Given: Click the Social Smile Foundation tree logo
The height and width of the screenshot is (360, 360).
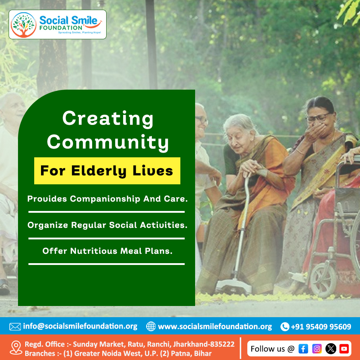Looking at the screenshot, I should click(23, 25).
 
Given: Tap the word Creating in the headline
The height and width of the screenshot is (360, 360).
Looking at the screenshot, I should click(108, 118).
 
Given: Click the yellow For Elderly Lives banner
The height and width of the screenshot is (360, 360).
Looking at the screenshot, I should click(107, 171).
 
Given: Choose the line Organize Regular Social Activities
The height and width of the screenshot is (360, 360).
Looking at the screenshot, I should click(107, 225).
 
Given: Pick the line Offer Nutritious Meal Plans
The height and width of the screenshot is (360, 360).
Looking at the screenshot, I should click(107, 251).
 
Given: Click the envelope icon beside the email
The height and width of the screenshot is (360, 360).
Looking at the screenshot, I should click(15, 327).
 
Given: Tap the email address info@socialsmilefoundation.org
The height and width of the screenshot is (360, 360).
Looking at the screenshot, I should click(80, 327).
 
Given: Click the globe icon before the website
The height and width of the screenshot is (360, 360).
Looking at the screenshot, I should click(151, 327).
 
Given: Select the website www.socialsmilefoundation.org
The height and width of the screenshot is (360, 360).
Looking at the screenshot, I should click(215, 327).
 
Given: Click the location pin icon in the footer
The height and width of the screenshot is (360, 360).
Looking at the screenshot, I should click(16, 348).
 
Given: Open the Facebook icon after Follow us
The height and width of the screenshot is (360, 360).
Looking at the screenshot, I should click(303, 348).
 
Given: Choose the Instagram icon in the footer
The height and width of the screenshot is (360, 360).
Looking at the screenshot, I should click(317, 348).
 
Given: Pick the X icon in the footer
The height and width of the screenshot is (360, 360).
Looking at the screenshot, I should click(330, 348).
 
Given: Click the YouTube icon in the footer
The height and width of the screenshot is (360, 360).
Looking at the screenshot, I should click(344, 348).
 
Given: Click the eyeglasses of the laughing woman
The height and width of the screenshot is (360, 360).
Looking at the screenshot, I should click(318, 117).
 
